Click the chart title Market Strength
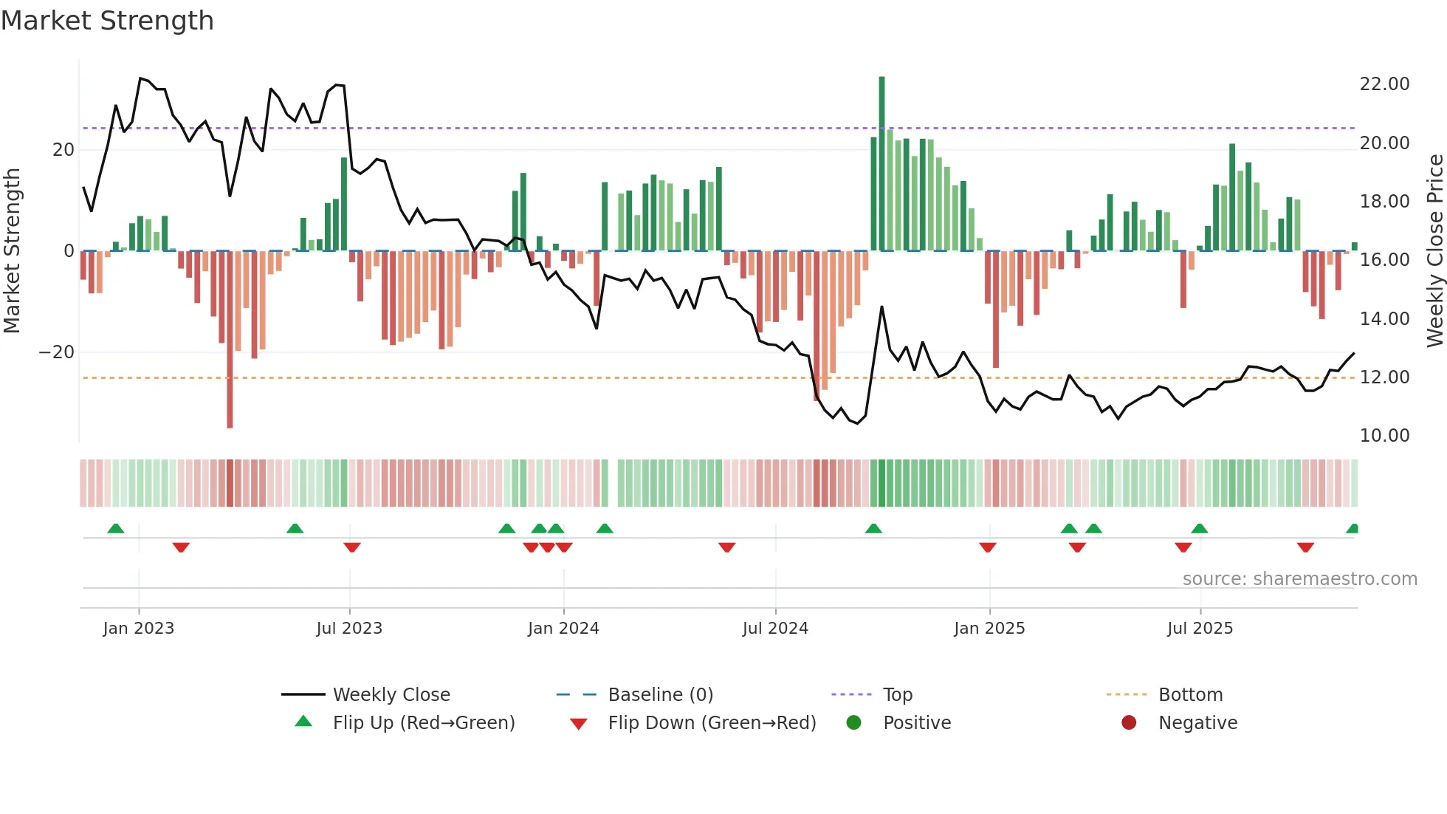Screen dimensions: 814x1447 pos(108,21)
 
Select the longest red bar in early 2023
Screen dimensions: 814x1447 pos(230,340)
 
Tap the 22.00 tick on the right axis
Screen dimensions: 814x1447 pos(1384,84)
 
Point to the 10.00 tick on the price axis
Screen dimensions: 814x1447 pos(1384,436)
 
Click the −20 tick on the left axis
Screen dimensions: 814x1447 pos(57,352)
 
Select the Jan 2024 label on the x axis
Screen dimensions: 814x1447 pos(563,629)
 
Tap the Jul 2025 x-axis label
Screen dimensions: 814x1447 pos(1200,629)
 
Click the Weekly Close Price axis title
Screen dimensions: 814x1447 pos(1434,251)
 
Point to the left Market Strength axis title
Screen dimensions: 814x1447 pos(13,251)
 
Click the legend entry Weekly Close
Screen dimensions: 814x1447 pos(391,695)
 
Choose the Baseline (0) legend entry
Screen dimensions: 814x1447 pos(660,695)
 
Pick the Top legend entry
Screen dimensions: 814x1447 pos(897,695)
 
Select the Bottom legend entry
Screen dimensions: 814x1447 pos(1190,695)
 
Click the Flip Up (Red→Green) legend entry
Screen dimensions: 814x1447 pos(423,723)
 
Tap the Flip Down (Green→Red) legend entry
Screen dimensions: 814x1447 pos(712,723)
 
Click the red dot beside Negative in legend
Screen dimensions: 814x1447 pos(1129,723)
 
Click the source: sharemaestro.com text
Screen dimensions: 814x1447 pos(1299,579)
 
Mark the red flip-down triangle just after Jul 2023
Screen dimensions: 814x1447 pos(352,547)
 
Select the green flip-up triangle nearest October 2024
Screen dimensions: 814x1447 pos(873,528)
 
